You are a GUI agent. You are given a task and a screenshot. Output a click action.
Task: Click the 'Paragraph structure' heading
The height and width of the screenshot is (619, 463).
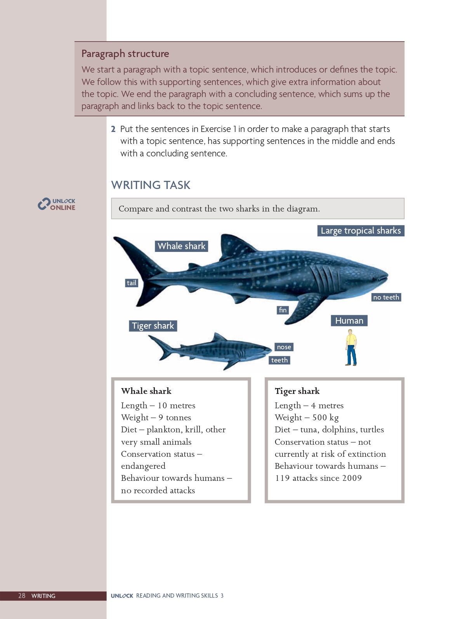tap(125, 54)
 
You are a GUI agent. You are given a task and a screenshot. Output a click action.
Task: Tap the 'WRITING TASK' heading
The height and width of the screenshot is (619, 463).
tap(151, 185)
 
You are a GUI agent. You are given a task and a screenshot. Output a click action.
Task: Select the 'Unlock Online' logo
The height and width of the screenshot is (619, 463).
tap(57, 204)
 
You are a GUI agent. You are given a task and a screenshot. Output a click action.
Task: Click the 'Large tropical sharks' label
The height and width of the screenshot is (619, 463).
tap(361, 231)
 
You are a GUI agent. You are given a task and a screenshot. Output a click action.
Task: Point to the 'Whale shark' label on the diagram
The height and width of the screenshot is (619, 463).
tap(181, 246)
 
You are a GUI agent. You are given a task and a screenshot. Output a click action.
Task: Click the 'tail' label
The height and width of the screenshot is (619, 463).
tap(132, 283)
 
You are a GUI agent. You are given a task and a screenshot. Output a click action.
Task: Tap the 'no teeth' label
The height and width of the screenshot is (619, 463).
tap(386, 297)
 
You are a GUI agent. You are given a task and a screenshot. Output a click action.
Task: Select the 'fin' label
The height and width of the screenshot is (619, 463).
tap(283, 310)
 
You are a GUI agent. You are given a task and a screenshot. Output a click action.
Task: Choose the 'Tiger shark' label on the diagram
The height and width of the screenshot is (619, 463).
tap(153, 326)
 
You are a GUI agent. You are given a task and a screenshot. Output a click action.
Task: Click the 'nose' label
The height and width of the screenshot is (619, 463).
tap(284, 347)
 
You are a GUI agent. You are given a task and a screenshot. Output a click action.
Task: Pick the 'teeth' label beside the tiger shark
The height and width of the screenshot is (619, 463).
tap(279, 360)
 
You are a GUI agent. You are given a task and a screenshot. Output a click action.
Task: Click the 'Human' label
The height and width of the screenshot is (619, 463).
tap(349, 321)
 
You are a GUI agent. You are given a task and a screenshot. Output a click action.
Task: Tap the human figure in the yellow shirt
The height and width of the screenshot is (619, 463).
tap(351, 347)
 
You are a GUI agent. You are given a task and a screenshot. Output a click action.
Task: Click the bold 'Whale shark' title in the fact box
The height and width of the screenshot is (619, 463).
tap(146, 391)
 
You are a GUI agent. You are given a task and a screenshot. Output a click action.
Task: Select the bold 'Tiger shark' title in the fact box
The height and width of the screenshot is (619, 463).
tap(297, 391)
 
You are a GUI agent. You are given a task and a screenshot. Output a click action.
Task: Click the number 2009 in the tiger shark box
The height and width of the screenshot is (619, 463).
tap(352, 478)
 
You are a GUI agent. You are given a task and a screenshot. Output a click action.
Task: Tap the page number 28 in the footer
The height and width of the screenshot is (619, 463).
tap(22, 596)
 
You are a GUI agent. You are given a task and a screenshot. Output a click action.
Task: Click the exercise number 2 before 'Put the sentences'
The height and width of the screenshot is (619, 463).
tap(113, 129)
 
